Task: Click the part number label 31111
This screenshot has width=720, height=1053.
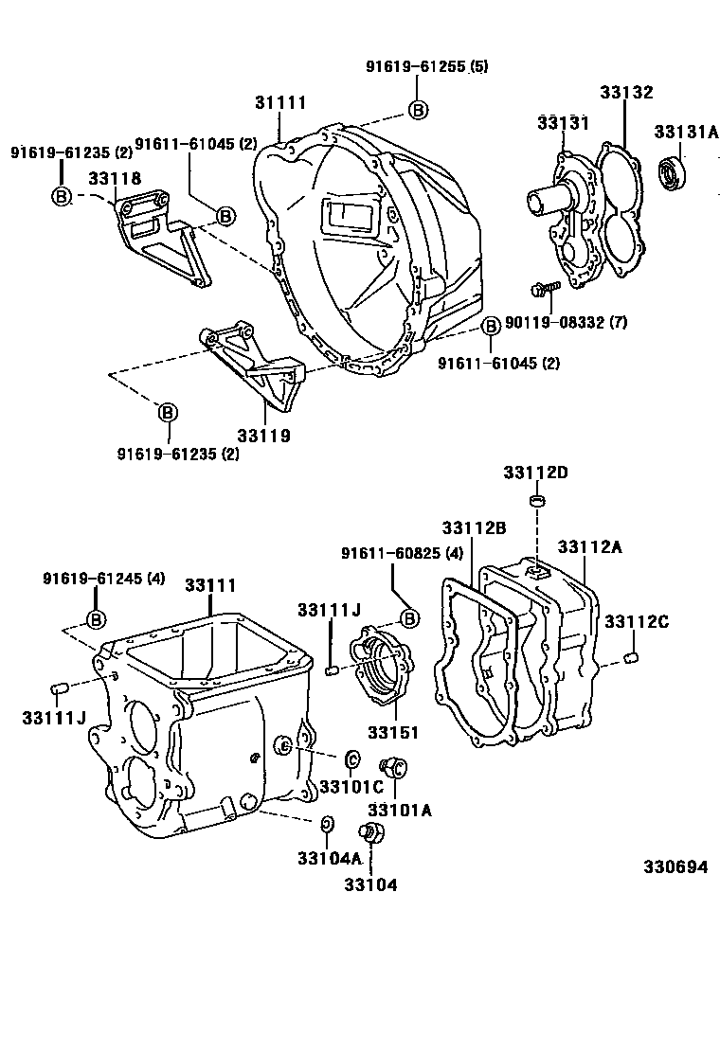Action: [x=280, y=102]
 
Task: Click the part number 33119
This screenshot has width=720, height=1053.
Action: [x=263, y=437]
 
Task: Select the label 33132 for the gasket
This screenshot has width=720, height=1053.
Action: [x=626, y=93]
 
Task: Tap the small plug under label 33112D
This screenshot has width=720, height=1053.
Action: [x=536, y=500]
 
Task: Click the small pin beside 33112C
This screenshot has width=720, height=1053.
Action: [x=635, y=657]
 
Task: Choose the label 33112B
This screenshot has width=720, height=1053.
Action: [x=469, y=527]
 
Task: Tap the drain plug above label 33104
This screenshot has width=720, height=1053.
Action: [x=370, y=834]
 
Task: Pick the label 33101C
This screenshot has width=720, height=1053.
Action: [x=350, y=786]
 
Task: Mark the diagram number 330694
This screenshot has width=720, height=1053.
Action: [x=676, y=866]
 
